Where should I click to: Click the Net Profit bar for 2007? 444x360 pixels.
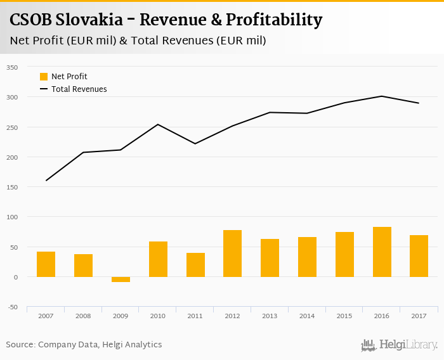(x=46, y=264)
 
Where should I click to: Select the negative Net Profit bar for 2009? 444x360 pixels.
(x=121, y=280)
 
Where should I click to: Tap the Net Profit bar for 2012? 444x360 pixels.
(x=232, y=254)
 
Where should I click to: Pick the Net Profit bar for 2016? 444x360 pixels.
(x=382, y=252)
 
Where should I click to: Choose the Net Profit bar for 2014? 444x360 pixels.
(x=307, y=257)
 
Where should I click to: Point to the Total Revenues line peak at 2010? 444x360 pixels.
(x=158, y=124)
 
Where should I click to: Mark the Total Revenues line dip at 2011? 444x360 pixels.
(x=195, y=144)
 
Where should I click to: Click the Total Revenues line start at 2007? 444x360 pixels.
(x=46, y=181)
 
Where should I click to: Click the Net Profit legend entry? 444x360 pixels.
(x=63, y=77)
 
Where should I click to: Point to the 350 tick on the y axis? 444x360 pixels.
(x=12, y=67)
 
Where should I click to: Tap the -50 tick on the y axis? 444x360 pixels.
(x=12, y=307)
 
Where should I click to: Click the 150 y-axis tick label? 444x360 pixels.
(x=12, y=187)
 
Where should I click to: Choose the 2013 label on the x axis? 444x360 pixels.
(x=270, y=316)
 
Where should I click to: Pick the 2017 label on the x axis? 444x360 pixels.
(x=419, y=316)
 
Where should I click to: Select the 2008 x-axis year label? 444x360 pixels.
(x=83, y=316)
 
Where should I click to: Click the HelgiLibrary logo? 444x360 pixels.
(x=400, y=345)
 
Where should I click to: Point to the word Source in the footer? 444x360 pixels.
(x=20, y=345)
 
